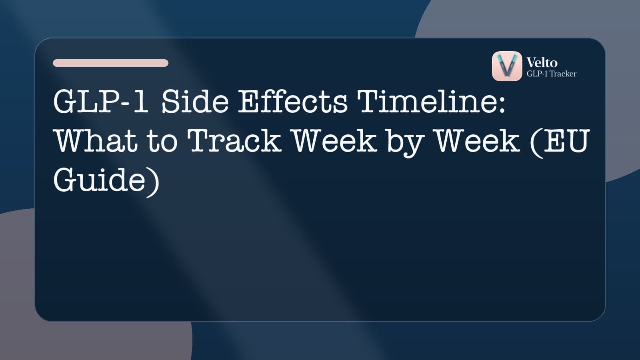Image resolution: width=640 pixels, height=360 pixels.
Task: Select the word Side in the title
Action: pos(195,102)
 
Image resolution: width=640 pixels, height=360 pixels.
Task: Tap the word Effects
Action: pos(293,102)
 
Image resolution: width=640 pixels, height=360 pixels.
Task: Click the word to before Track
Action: pos(162,141)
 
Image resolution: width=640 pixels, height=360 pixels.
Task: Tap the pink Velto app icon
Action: pos(507,66)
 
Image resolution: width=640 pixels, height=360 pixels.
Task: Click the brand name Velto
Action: pos(542,62)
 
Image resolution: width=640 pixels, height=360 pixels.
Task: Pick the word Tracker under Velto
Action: pos(563,74)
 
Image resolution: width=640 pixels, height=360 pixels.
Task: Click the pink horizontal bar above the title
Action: pos(110,63)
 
